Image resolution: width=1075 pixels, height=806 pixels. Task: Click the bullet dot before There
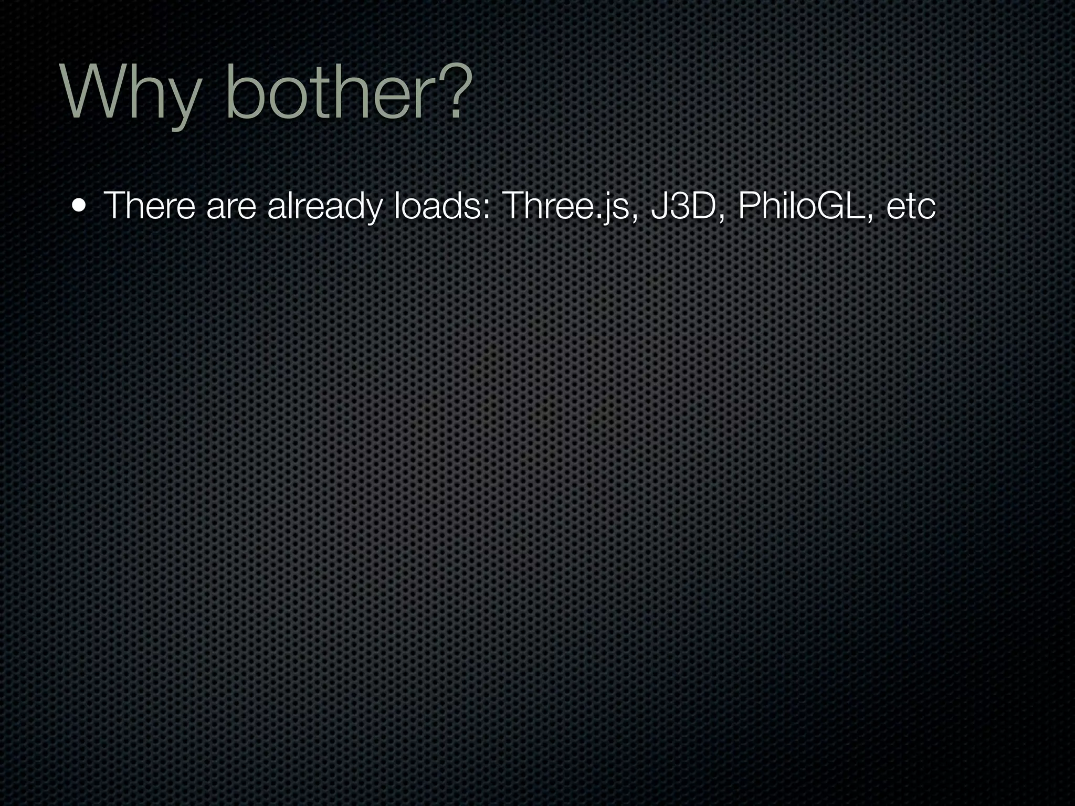click(x=79, y=206)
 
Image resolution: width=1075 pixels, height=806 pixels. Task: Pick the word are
click(x=231, y=207)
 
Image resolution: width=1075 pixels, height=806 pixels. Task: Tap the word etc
click(x=911, y=207)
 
